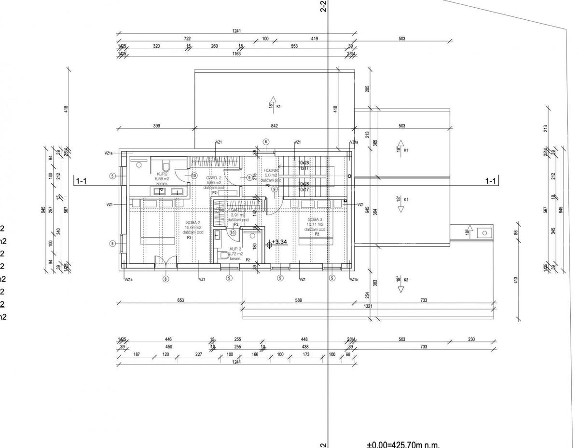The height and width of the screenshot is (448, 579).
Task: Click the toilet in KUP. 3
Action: (222, 254)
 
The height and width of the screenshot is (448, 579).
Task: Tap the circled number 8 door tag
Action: (165, 278)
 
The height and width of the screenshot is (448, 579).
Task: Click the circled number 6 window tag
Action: (265, 142)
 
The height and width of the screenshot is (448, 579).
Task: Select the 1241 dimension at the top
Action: (236, 31)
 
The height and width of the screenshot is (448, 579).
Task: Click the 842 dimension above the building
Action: (275, 126)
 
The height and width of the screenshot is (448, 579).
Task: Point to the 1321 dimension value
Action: (368, 306)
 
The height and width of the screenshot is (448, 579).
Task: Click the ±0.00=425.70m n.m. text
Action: (403, 444)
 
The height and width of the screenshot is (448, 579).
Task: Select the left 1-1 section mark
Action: (81, 182)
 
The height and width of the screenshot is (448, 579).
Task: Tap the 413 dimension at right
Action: (516, 279)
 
